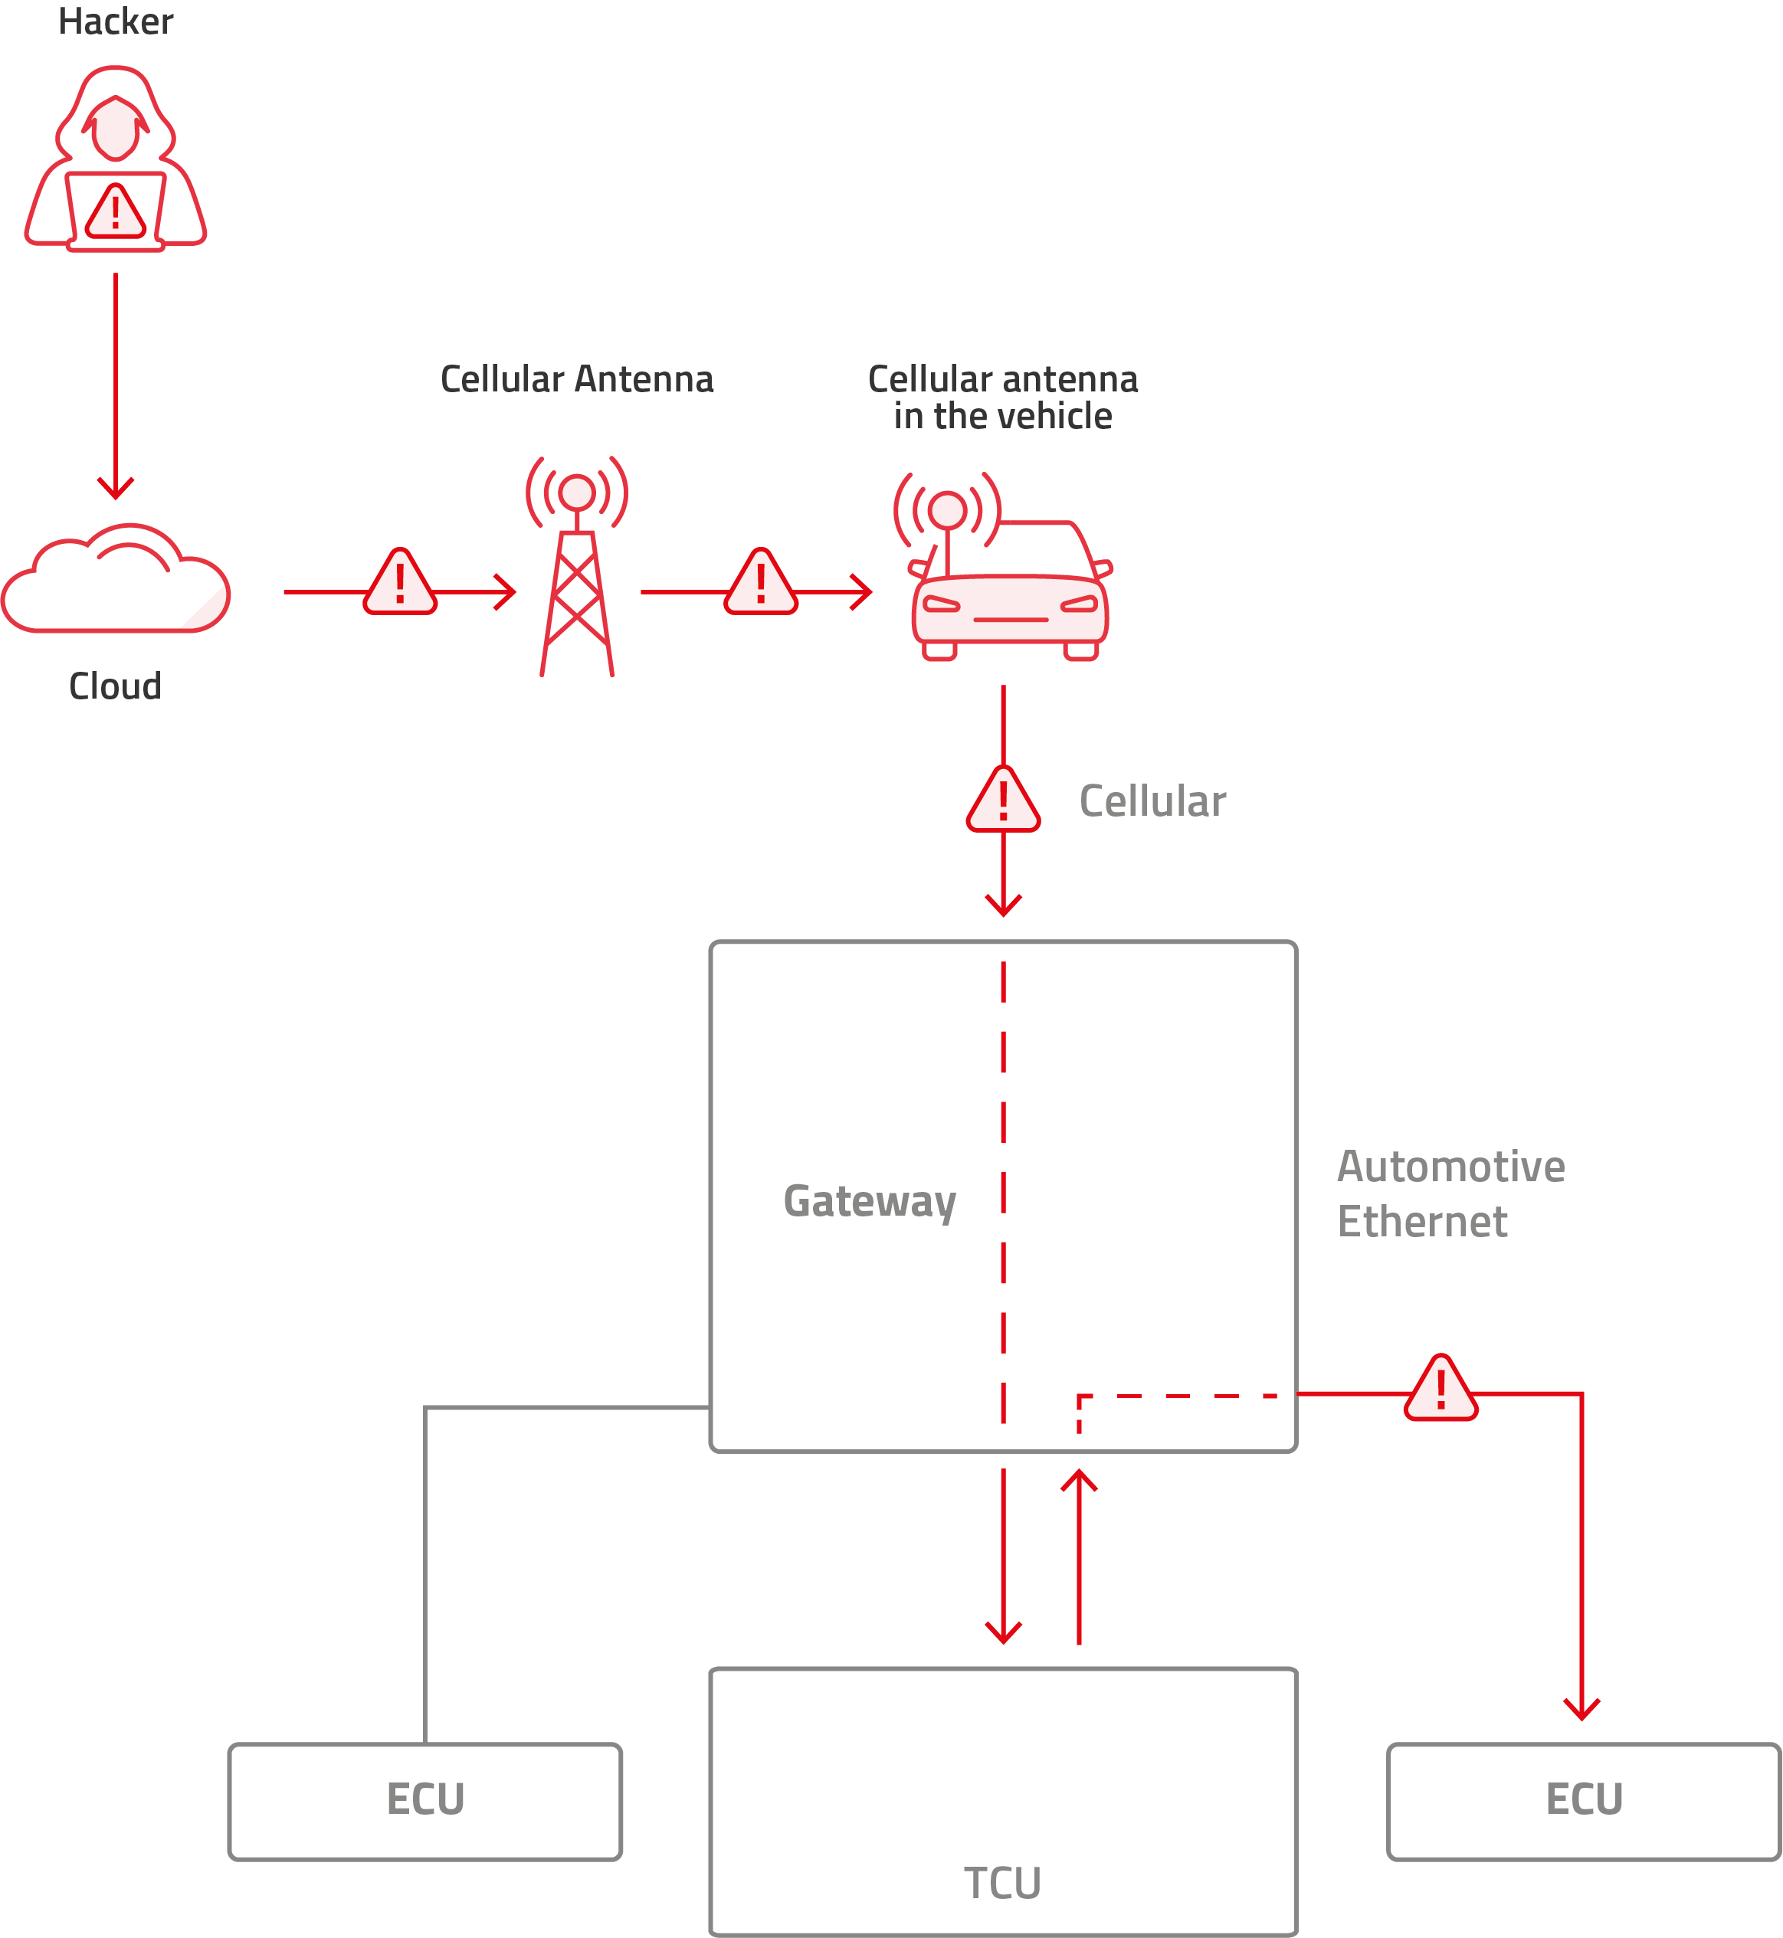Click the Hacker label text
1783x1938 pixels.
point(116,22)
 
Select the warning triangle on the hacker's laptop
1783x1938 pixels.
point(116,212)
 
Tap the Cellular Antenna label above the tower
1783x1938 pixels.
point(577,380)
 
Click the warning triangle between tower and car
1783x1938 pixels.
point(762,584)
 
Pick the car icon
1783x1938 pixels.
point(1008,588)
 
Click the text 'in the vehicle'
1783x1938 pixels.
point(1002,417)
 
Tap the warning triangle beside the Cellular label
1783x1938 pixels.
point(1004,800)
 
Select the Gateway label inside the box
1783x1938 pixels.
point(870,1201)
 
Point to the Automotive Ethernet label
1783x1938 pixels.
point(1450,1194)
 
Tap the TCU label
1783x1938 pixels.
point(1002,1882)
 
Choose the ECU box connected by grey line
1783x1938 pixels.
point(425,1800)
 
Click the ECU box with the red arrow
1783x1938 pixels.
point(1583,1800)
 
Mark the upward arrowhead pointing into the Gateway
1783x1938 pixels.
point(1079,1480)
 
